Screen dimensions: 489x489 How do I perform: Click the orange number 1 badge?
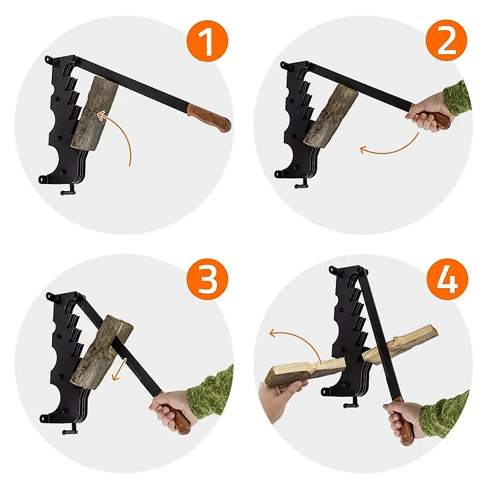207,41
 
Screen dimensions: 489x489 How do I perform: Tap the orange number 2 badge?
447,41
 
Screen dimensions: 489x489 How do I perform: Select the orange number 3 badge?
207,279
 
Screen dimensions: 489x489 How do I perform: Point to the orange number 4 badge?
448,279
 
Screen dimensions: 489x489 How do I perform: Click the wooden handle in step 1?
209,118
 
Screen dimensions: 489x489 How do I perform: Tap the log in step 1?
95,114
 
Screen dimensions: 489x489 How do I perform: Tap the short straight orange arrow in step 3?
119,370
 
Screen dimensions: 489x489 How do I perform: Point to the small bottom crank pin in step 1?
68,191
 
